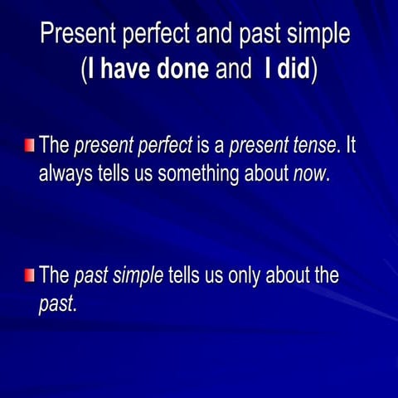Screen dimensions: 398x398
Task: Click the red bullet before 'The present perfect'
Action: click(30, 147)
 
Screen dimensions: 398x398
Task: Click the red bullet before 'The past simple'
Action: click(30, 275)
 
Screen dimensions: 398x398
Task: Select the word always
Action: click(66, 175)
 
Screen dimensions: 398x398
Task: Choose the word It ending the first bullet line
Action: click(351, 148)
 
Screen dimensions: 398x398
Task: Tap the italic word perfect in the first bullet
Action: click(162, 148)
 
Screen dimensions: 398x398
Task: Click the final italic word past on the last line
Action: click(56, 304)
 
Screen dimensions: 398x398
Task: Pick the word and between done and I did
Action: click(232, 70)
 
